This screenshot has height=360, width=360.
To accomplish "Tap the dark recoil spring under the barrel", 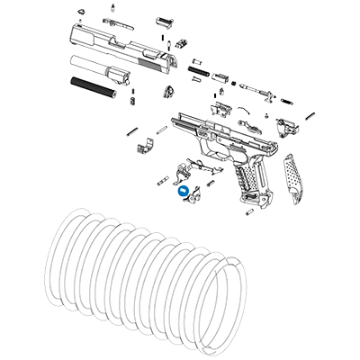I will (94, 86).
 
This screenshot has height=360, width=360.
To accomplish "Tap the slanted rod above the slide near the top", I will (112, 20).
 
